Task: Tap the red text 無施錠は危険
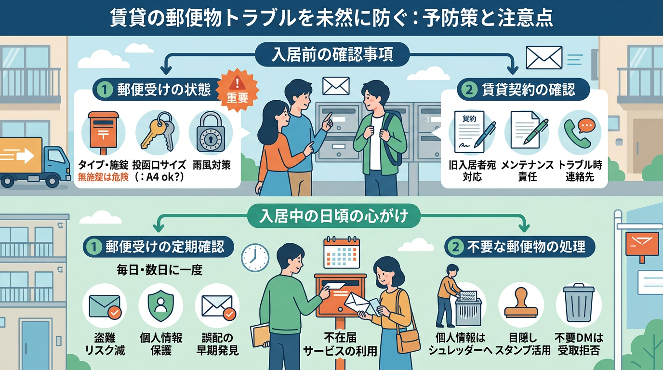tap(103, 177)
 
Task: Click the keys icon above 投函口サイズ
tap(157, 132)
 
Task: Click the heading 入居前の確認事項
tap(332, 54)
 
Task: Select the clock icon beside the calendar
tap(255, 257)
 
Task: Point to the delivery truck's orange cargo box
tap(21, 155)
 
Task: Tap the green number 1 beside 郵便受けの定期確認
tap(93, 247)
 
